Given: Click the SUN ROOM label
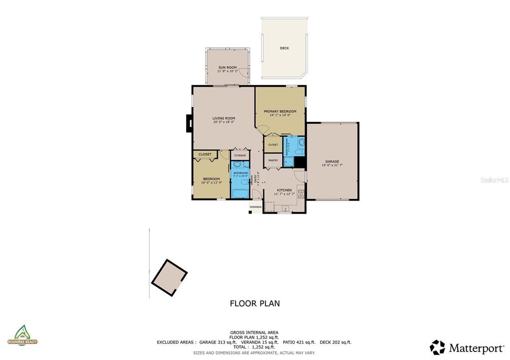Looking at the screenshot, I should point(228,67).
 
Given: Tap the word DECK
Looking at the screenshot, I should point(284,48).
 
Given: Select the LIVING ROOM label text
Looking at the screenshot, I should point(224,118).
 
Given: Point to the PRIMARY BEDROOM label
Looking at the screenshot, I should point(280,111).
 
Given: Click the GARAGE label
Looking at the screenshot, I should point(332,161).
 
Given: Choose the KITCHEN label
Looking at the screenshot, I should point(284,190).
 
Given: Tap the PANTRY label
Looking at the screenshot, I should point(273,160).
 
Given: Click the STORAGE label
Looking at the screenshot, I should point(240,155).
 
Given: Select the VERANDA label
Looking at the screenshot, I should point(255,207).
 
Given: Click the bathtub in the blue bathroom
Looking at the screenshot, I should point(240,194).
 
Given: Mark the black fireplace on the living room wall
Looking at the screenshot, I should point(189,123).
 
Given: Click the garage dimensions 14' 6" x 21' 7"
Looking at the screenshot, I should point(332,165).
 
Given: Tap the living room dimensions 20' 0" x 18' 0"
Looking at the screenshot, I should point(224,122).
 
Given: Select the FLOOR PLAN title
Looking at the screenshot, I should point(255,303).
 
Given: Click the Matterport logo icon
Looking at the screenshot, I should point(437,347).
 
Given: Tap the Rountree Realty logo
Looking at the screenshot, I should point(22,335).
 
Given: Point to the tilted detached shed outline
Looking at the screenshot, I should point(169,278).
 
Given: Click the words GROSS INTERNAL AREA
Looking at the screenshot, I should point(254,332).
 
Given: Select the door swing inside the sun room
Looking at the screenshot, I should point(243,74).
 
